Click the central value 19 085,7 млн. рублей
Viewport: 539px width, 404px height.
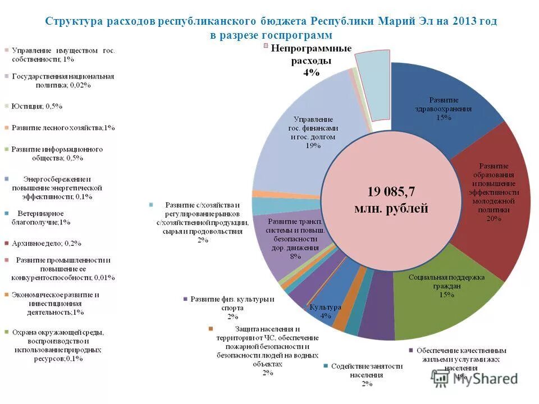[391, 200]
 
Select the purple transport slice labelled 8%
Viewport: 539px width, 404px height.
[281, 247]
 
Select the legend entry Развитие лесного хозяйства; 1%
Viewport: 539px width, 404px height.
[62, 128]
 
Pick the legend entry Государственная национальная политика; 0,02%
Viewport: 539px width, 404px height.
[62, 81]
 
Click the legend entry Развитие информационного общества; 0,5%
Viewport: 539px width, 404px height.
[56, 154]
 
